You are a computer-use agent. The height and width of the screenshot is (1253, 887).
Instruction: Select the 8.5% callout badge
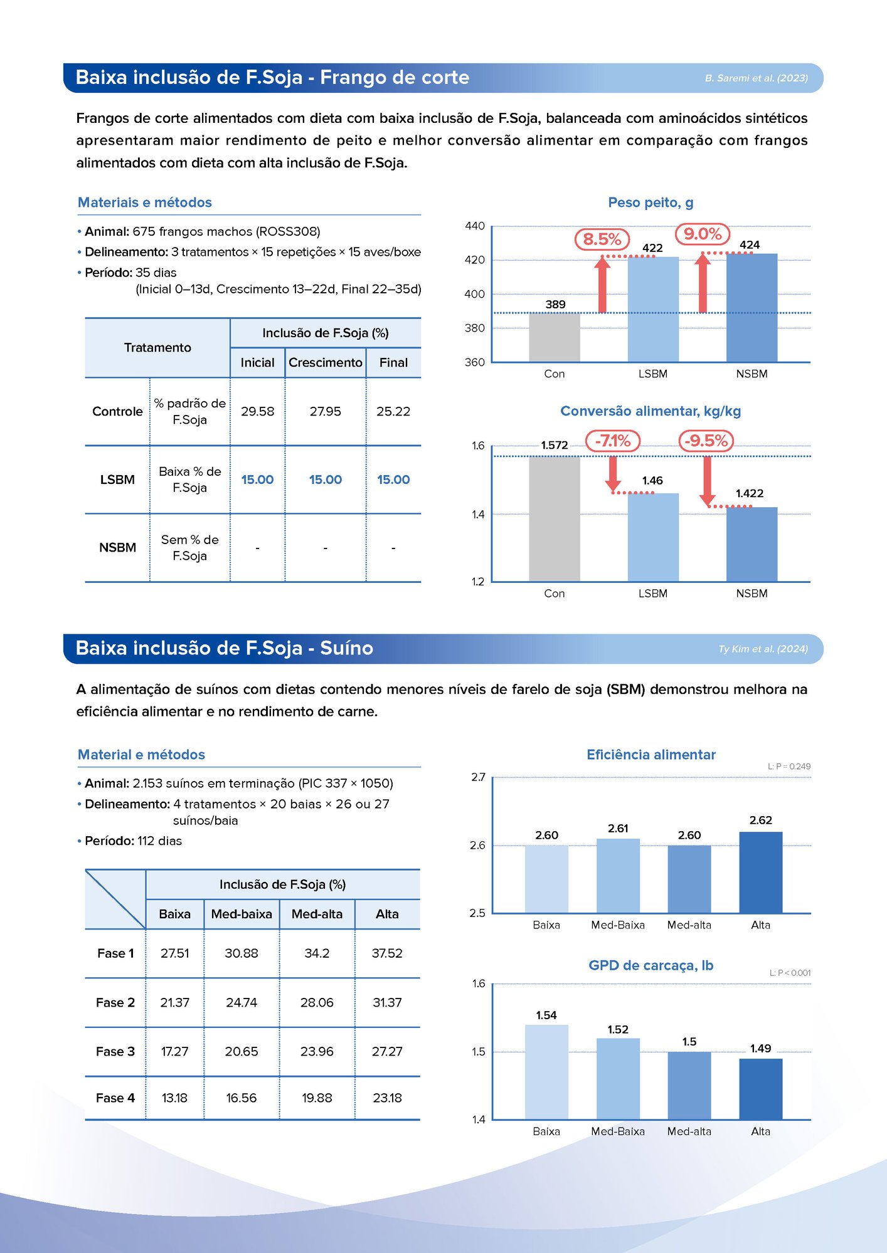[602, 239]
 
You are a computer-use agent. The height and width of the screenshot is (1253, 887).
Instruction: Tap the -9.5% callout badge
[706, 441]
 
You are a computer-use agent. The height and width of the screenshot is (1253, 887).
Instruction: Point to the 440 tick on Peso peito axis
[475, 226]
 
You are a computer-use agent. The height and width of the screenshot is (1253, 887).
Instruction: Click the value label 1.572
[555, 445]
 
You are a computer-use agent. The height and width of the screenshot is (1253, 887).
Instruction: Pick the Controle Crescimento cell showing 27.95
[325, 411]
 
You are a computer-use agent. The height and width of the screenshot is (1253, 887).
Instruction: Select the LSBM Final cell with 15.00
[393, 480]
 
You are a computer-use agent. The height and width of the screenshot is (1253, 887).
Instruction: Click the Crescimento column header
[325, 362]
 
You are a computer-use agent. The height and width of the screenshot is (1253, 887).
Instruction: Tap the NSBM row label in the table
[117, 547]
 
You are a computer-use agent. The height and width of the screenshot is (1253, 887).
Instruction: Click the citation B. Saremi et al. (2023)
[756, 78]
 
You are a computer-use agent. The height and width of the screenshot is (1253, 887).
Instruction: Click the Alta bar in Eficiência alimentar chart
[760, 872]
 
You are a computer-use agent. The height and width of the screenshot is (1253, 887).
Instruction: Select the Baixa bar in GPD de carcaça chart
[546, 1072]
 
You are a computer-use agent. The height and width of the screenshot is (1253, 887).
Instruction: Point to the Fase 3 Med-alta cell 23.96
[317, 1051]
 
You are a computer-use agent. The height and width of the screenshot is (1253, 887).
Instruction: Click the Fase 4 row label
[115, 1098]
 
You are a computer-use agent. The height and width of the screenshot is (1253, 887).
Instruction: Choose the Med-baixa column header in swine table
[242, 914]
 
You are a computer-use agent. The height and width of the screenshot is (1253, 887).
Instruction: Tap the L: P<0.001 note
[790, 973]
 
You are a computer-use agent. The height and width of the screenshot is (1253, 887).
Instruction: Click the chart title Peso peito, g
[651, 202]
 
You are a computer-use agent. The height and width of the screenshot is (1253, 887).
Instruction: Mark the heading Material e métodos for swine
[141, 755]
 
